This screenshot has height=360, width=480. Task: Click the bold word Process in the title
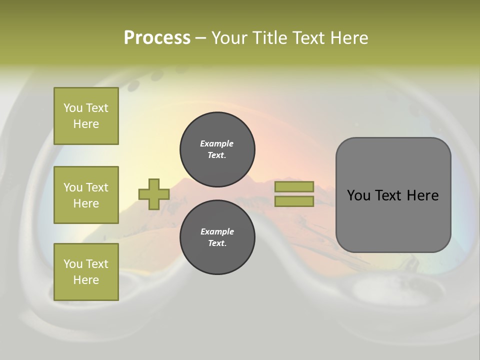point(157,38)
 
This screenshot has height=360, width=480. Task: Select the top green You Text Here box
point(86,116)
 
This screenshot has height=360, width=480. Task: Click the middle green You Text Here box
point(86,195)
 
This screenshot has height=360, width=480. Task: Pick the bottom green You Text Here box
point(86,272)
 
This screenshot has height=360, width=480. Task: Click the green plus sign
point(153,194)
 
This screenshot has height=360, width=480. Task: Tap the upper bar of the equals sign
point(294,186)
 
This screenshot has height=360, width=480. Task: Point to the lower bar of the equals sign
point(294,201)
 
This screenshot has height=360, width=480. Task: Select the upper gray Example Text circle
point(217,149)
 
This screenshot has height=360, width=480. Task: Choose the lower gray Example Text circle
point(217,237)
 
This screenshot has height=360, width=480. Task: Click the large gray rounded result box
point(393,215)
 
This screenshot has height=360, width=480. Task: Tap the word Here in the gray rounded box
point(422,195)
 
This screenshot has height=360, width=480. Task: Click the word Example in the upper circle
point(217,143)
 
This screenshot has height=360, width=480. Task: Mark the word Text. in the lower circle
point(217,243)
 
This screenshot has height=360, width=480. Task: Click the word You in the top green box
point(73,108)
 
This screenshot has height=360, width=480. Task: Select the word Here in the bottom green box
point(86,280)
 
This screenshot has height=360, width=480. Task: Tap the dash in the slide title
point(200,38)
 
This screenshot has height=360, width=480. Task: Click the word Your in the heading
point(229,38)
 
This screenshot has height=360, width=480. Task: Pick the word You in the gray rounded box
point(358,195)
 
